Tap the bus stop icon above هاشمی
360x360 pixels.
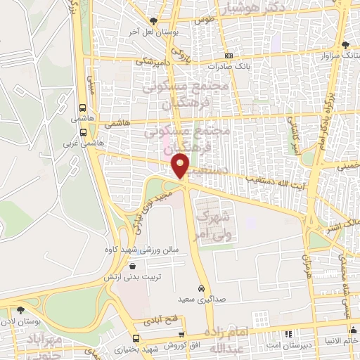click(84, 109)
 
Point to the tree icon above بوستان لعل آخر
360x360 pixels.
click(154, 20)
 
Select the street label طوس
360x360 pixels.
click(203, 20)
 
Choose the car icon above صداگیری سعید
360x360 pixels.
click(202, 290)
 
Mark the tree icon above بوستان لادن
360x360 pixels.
click(21, 309)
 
